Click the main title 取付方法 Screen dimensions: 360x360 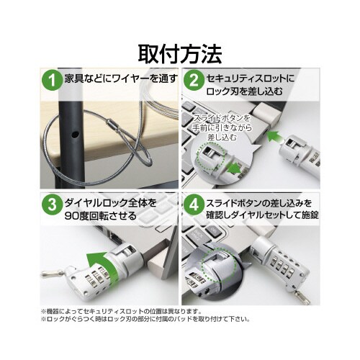pyautogui.click(x=180, y=54)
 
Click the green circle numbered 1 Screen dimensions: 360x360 pyautogui.click(x=52, y=81)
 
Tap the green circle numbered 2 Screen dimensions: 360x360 pyautogui.click(x=194, y=81)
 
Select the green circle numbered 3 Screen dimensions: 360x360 pyautogui.click(x=52, y=204)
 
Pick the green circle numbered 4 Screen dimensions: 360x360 pyautogui.click(x=194, y=204)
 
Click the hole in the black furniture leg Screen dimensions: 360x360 pyautogui.click(x=76, y=135)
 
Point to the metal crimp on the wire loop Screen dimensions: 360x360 pyautogui.click(x=112, y=125)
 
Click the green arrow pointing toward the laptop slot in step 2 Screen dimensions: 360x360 pyautogui.click(x=276, y=138)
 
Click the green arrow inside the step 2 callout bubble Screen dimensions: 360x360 pyautogui.click(x=234, y=168)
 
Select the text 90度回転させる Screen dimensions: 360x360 pyautogui.click(x=101, y=217)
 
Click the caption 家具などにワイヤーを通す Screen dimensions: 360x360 pyautogui.click(x=121, y=78)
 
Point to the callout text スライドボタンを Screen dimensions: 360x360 pyautogui.click(x=222, y=118)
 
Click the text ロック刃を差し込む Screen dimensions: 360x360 pyautogui.click(x=244, y=92)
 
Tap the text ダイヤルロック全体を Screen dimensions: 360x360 pyautogui.click(x=111, y=204)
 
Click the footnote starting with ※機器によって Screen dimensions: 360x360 pyautogui.click(x=121, y=312)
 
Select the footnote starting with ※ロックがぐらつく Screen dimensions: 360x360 pyautogui.click(x=145, y=320)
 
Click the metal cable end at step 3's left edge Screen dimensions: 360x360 pyautogui.click(x=53, y=273)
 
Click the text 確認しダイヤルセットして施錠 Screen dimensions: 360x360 pyautogui.click(x=263, y=215)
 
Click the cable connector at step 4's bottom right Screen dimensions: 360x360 pyautogui.click(x=301, y=297)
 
